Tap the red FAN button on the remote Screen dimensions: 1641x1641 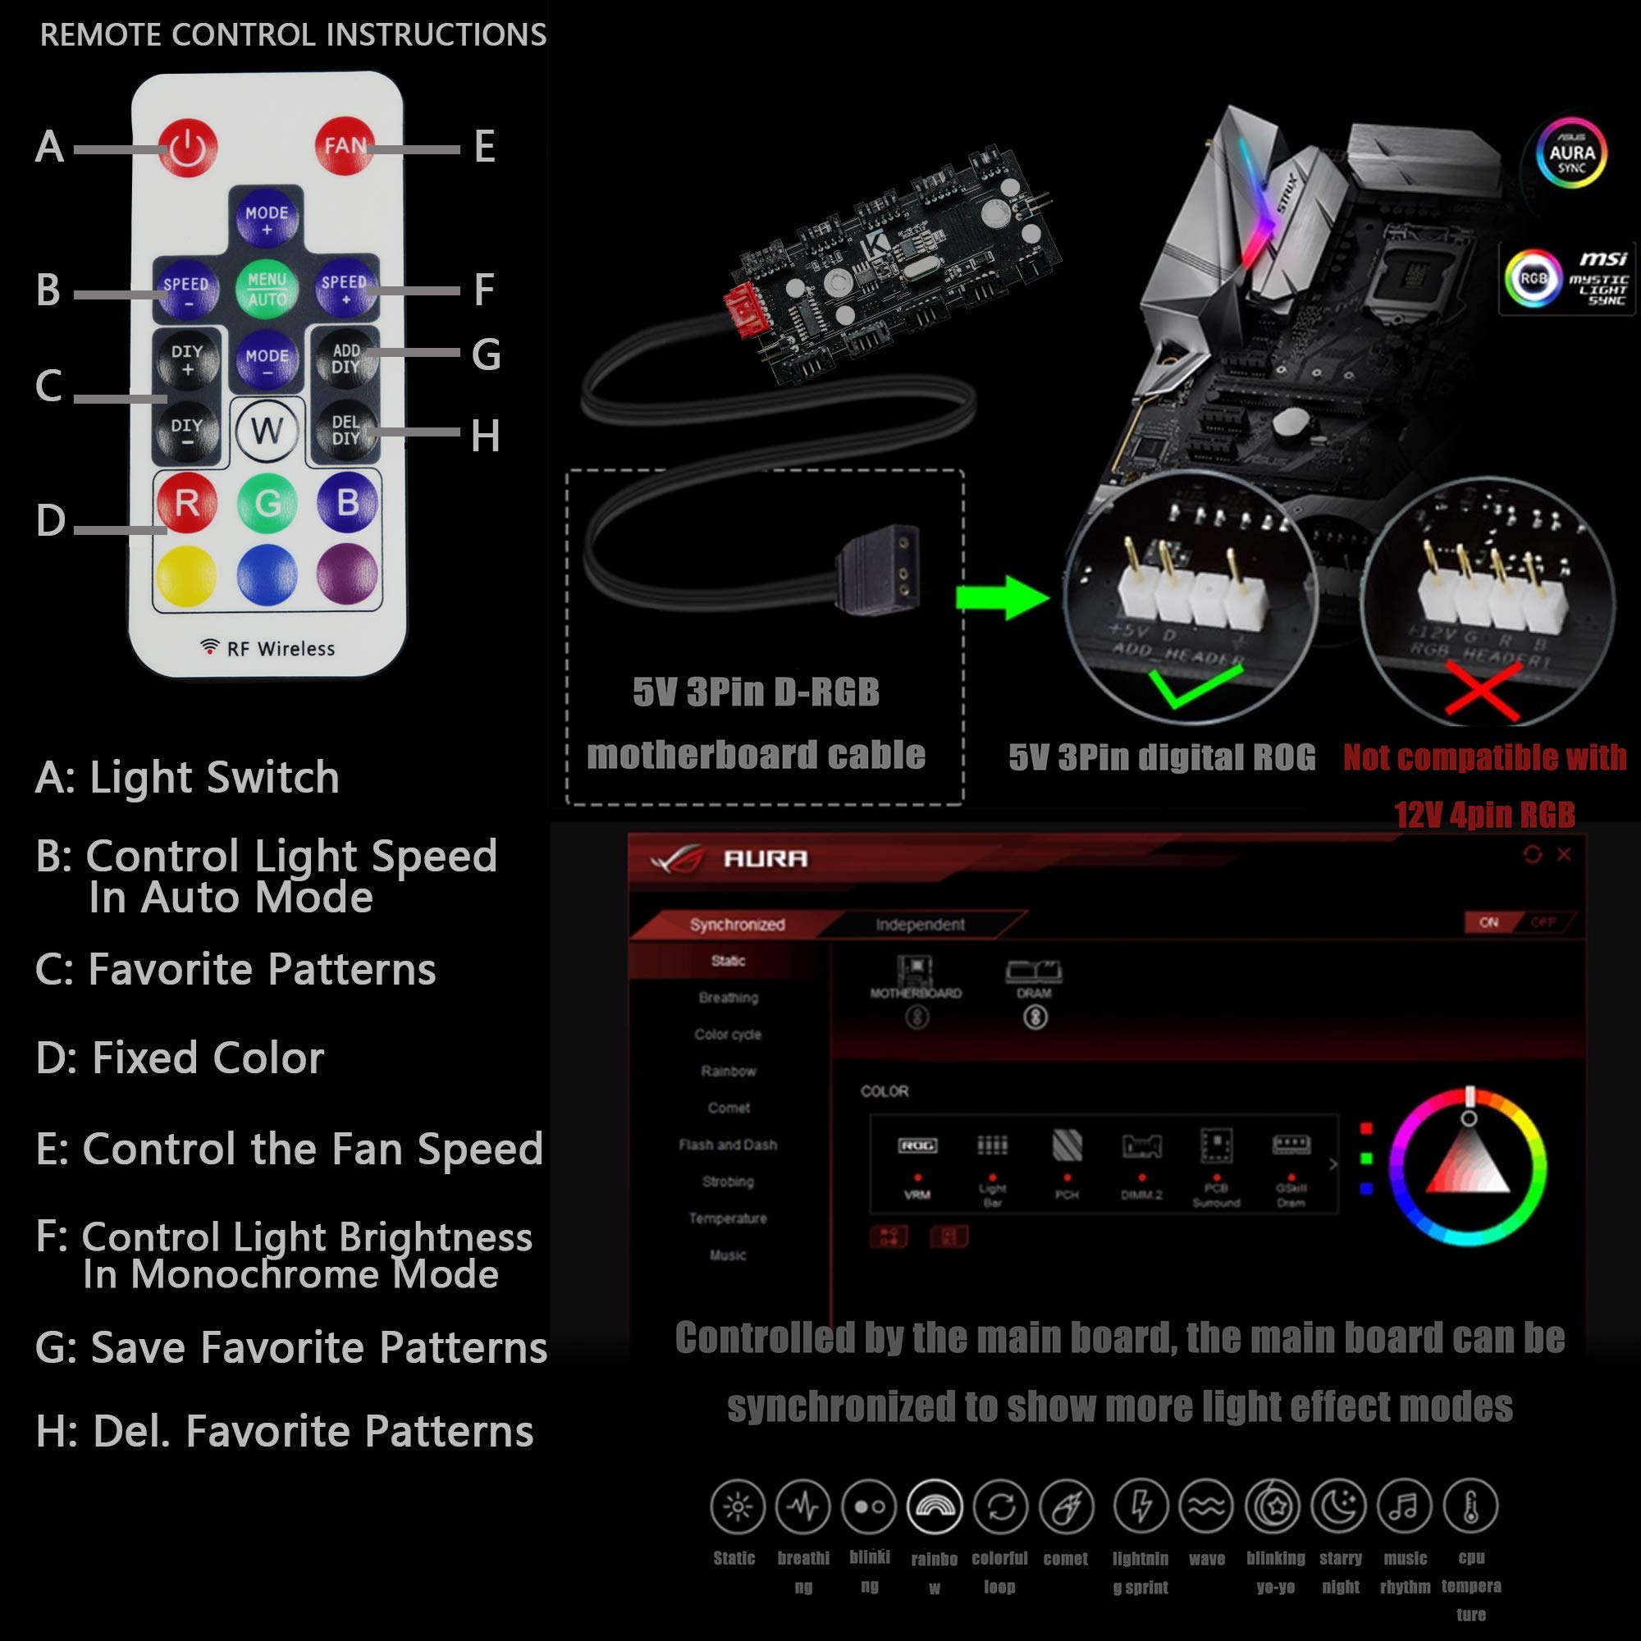point(344,146)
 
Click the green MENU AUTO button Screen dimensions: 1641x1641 point(267,289)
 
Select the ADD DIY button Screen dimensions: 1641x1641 point(345,359)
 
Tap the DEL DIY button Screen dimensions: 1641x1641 point(345,430)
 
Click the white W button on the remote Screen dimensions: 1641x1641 point(267,431)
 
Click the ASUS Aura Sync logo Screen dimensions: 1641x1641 point(1570,153)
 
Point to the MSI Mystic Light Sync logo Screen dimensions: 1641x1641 point(1568,278)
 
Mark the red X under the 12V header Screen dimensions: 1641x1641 point(1483,688)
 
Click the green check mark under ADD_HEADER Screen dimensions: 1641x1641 point(1194,684)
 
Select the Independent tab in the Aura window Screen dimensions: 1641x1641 point(920,924)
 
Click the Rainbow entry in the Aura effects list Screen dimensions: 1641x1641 point(728,1071)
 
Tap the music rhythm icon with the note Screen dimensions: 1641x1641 point(1404,1506)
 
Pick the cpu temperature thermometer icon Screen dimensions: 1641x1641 point(1470,1506)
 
